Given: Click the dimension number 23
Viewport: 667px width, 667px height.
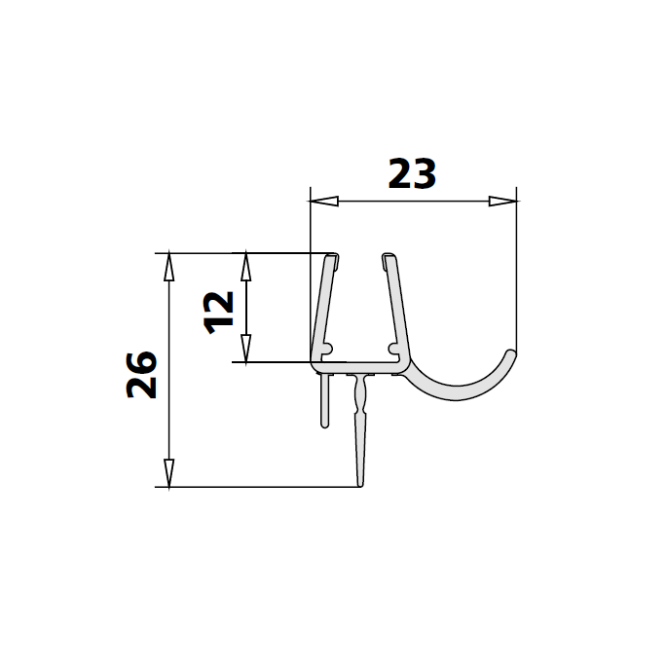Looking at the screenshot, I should (x=412, y=174).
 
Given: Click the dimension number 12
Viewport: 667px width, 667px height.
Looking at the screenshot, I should (x=221, y=309).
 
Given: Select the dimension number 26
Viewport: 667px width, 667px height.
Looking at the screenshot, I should (x=143, y=373).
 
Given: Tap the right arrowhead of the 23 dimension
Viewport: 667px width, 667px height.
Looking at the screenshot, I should (x=501, y=202).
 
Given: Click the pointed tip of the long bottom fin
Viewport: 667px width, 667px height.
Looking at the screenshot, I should (x=361, y=485).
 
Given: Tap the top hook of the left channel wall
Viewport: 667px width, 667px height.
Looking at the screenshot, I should (x=332, y=259).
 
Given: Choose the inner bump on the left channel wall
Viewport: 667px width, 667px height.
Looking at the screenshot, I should (x=330, y=346).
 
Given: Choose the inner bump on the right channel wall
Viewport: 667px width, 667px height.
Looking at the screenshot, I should (x=392, y=346).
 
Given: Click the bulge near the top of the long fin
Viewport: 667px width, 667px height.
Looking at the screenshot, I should (x=361, y=394).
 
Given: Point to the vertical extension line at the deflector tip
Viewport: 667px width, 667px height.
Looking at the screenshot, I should (x=515, y=273).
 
